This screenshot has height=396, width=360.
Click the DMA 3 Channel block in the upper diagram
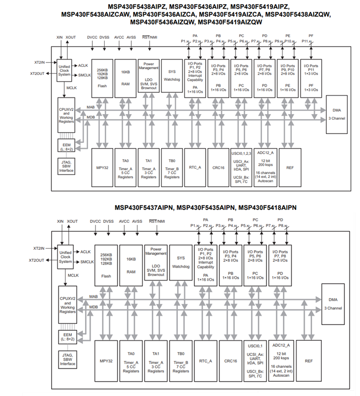[337, 114]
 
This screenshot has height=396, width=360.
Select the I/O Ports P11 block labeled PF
[311, 78]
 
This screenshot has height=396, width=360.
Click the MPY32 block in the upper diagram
[102, 168]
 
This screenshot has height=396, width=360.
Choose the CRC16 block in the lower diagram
[230, 361]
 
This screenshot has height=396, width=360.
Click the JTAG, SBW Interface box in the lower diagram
[67, 359]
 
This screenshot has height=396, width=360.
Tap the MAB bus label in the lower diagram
[93, 297]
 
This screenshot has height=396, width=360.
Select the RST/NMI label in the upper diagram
[149, 37]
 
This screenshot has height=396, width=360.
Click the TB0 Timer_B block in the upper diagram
[172, 168]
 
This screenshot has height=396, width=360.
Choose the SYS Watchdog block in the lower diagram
[181, 265]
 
